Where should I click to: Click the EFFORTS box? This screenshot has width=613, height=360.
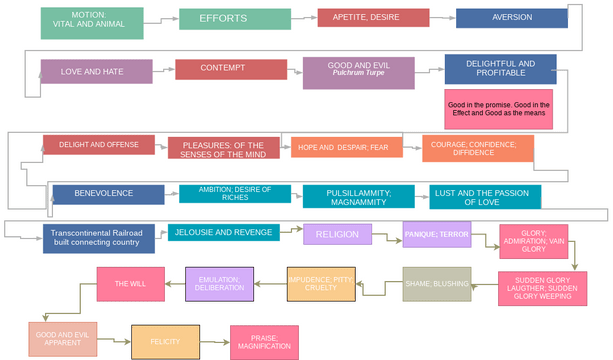click(222, 19)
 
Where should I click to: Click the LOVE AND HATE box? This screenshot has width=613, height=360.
click(96, 71)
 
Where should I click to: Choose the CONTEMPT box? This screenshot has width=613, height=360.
click(222, 69)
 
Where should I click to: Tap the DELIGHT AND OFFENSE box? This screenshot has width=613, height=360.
click(98, 145)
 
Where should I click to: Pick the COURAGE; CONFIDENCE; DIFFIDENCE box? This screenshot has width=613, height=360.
click(477, 148)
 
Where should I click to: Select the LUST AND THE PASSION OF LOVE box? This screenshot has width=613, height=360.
click(485, 196)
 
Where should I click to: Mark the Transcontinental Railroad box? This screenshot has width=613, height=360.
click(99, 238)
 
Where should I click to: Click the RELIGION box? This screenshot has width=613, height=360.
click(337, 234)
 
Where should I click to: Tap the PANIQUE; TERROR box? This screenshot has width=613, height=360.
click(436, 234)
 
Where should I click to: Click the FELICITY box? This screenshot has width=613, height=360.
click(165, 341)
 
